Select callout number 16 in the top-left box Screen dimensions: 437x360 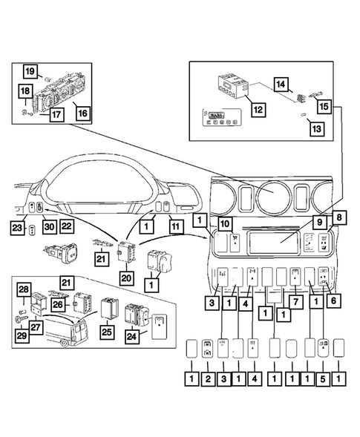click(82, 113)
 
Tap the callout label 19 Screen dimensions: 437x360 click(29, 71)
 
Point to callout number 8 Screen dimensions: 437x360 click(338, 217)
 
